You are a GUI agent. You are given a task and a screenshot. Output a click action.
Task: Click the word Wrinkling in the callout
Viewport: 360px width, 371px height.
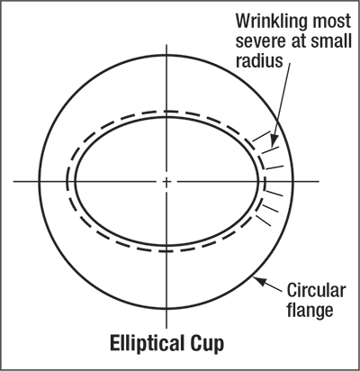click(268, 23)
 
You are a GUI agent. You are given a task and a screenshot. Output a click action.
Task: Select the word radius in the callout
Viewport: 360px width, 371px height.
click(259, 60)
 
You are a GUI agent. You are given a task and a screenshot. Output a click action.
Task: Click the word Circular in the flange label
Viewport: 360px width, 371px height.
click(316, 291)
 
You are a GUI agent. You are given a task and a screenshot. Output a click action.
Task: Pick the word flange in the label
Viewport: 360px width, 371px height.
click(310, 310)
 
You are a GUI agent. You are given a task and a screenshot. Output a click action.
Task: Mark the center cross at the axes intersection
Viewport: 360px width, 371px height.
click(166, 181)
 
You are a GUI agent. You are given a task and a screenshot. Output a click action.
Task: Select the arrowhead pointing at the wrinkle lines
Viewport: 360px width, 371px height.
click(274, 140)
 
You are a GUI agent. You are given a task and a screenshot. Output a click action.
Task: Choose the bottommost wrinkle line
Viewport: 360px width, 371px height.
click(263, 221)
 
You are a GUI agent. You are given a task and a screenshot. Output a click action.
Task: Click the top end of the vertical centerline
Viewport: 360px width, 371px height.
click(166, 44)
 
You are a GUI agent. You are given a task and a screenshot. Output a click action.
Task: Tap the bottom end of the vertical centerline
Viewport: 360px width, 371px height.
click(166, 328)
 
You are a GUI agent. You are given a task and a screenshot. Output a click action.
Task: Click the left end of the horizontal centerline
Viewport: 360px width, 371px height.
click(13, 181)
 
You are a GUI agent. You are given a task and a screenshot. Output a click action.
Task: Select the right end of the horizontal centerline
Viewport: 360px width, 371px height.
click(319, 181)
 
